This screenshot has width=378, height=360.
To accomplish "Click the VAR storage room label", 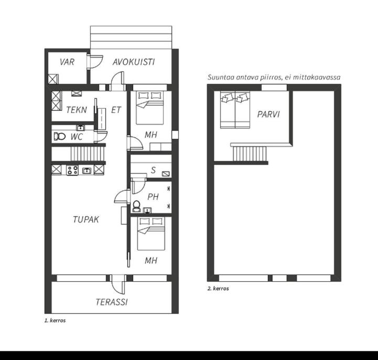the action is [67, 62].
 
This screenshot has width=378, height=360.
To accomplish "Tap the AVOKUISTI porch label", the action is [134, 62].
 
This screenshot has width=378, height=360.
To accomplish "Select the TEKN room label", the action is [77, 110].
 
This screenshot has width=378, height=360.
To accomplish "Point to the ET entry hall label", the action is [116, 110].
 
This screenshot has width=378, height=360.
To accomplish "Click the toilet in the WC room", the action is [60, 136].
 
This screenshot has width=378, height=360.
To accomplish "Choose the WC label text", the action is [77, 137].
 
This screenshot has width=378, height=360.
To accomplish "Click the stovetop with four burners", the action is [72, 170].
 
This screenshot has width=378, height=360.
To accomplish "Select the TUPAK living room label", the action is [86, 219].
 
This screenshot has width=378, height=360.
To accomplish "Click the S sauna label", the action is [153, 171].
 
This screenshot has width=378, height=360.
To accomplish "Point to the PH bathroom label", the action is [153, 197].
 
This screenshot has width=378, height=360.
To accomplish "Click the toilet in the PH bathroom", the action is [136, 206].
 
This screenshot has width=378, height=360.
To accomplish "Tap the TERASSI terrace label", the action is [112, 302].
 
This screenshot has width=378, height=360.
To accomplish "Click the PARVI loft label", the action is [268, 114].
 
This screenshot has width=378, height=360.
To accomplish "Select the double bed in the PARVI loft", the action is [235, 110].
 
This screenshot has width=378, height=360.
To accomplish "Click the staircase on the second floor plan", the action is [250, 153].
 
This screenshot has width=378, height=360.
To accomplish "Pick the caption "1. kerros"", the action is [55, 321].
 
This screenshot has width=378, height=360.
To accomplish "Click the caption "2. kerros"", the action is [218, 288].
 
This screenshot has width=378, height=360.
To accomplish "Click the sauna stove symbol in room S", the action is [166, 174].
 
